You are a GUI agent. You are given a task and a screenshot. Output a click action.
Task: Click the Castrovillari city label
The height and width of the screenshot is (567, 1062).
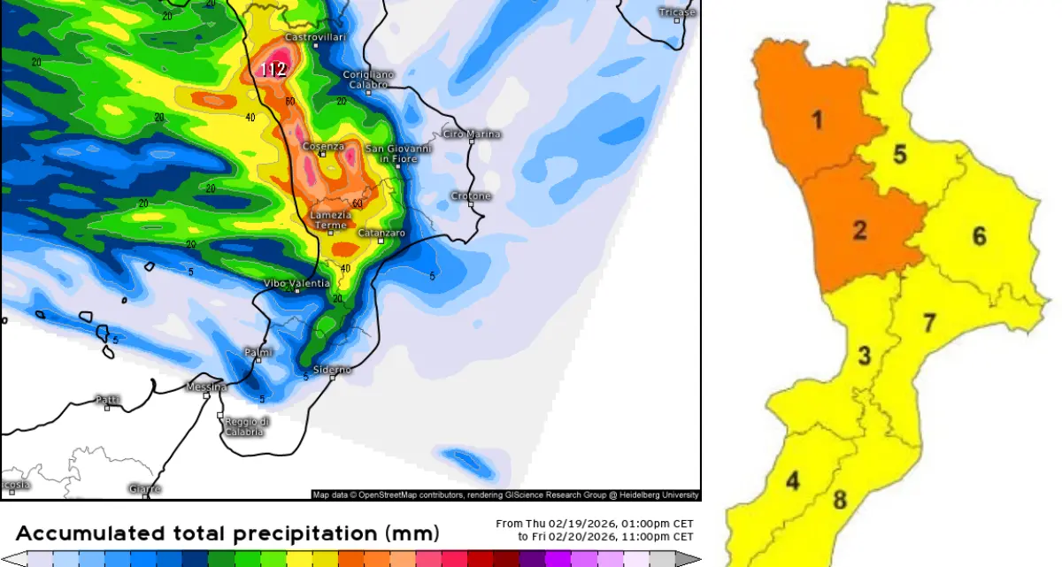[x=314, y=37]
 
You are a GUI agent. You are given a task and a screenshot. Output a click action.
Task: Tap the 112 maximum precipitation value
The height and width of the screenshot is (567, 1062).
[x=273, y=69]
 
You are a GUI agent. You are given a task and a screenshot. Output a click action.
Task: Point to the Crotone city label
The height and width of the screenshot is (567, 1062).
[x=470, y=195]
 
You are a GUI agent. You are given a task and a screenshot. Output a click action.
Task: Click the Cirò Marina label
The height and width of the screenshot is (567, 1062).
[x=471, y=134]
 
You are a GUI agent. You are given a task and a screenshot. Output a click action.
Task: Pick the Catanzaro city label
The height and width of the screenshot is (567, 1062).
[x=381, y=233]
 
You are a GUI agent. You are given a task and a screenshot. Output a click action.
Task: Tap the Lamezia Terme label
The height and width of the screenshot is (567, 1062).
[x=331, y=220]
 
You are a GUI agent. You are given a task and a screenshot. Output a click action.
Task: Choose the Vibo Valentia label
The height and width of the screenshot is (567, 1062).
[x=296, y=283]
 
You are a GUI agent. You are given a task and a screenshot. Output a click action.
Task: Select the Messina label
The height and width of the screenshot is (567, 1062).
[x=206, y=387]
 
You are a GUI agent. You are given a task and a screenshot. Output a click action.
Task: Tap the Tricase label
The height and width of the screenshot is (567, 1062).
[x=677, y=12]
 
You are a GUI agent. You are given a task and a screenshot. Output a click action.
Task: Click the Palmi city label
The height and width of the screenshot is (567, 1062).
[x=258, y=352]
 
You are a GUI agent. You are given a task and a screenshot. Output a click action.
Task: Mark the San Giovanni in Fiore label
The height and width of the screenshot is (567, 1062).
[x=398, y=154]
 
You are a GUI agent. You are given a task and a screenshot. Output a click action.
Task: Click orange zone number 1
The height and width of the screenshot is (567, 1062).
[x=817, y=119]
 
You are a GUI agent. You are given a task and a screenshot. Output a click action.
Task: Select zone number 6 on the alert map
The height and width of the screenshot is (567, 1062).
[x=979, y=236]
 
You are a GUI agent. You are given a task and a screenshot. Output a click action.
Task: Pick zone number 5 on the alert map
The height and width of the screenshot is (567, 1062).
[x=899, y=155]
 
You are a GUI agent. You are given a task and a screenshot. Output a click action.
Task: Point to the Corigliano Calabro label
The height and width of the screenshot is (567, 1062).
[x=369, y=79]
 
